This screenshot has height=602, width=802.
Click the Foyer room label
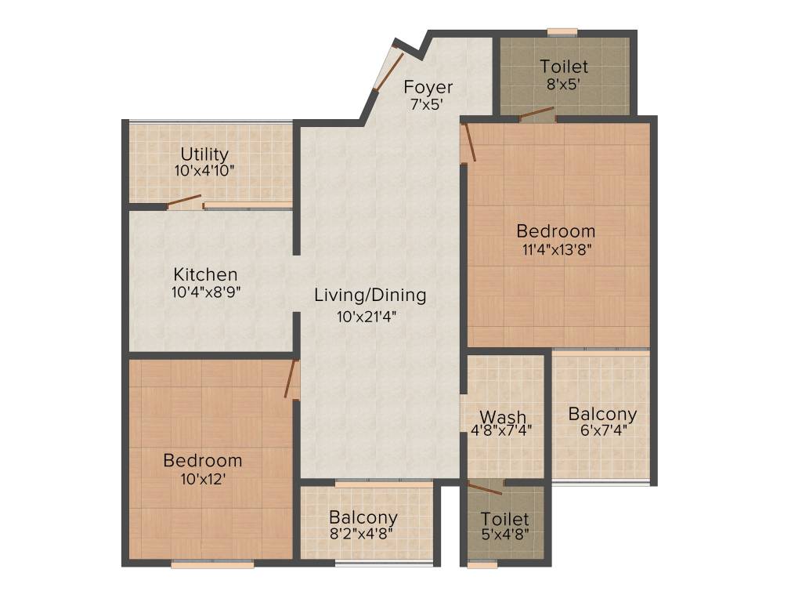click(428, 87)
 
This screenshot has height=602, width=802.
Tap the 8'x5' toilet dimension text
click(563, 85)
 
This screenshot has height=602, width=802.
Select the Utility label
click(204, 154)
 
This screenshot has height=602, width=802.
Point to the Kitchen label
click(206, 274)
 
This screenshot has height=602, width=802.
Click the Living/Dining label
click(370, 296)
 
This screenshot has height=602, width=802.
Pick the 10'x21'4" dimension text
click(367, 317)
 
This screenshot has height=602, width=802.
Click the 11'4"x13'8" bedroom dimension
click(557, 251)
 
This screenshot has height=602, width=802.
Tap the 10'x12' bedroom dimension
click(203, 480)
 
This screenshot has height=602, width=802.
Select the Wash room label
click(503, 417)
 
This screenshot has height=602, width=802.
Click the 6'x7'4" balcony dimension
click(604, 430)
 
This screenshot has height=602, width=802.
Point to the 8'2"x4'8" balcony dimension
click(362, 534)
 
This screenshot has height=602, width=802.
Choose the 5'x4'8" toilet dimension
click(505, 535)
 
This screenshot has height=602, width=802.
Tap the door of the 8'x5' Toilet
click(537, 113)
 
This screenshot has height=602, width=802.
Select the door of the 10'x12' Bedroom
click(291, 379)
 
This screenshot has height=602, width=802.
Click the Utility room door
click(185, 201)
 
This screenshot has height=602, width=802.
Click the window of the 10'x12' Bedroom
click(212, 564)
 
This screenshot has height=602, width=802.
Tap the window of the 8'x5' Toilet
click(562, 33)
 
